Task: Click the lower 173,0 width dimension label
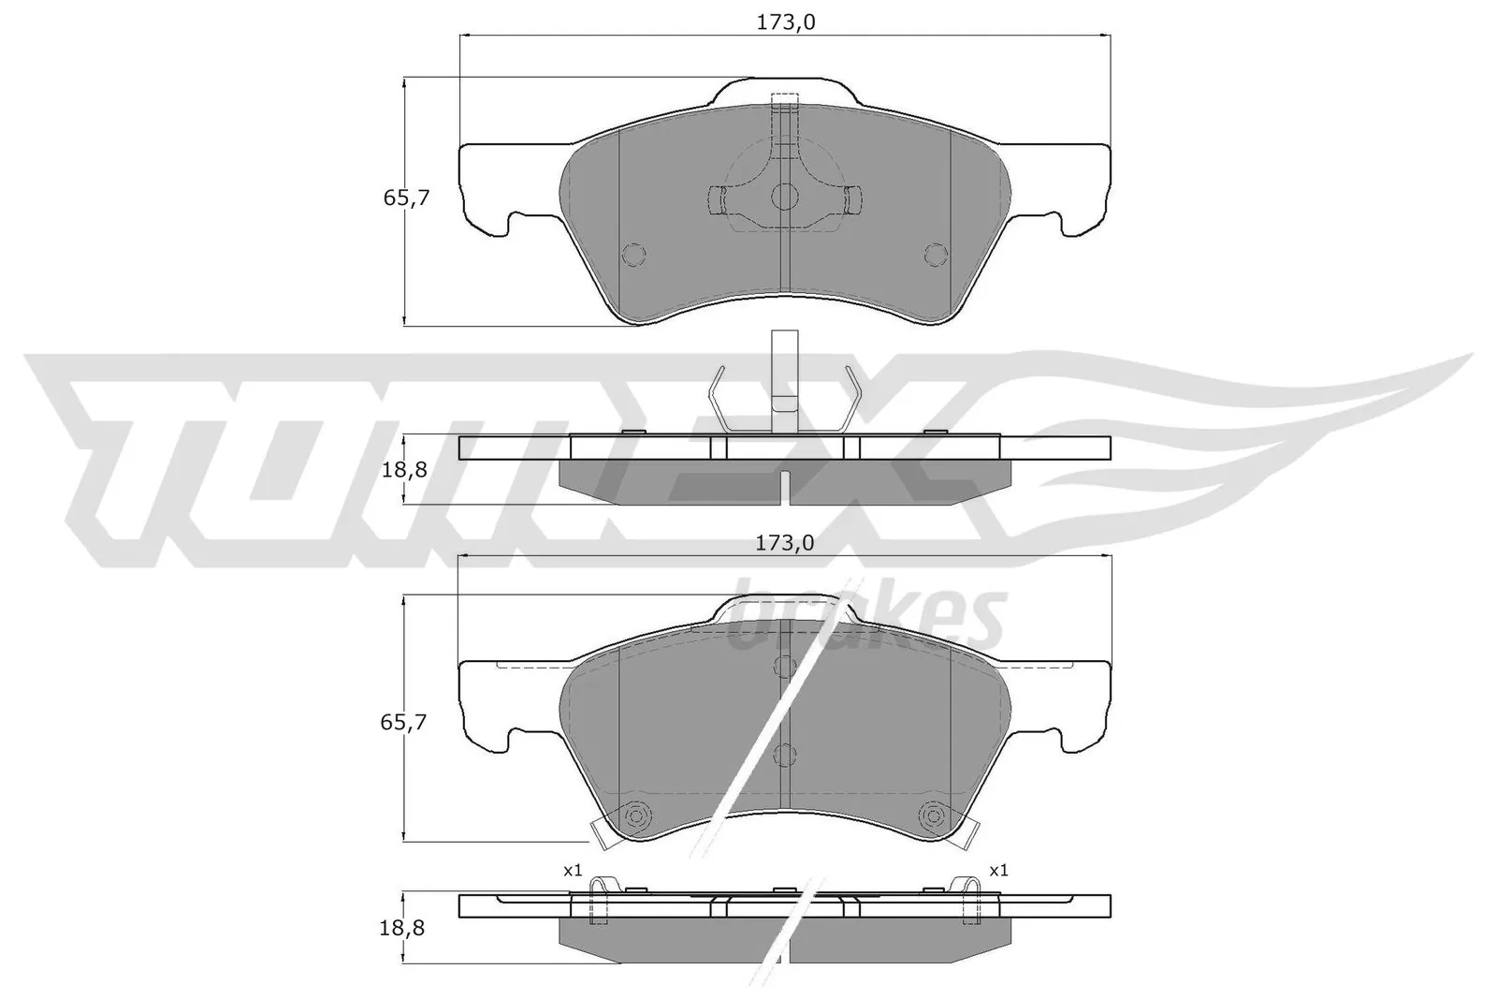point(784,542)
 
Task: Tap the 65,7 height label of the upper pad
point(405,198)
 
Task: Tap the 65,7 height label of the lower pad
point(405,721)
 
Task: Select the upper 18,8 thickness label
point(405,470)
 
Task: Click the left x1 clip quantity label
point(572,870)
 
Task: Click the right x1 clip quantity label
point(998,870)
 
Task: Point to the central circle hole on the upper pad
point(784,196)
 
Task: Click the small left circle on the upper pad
point(633,254)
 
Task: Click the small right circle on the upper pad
point(936,254)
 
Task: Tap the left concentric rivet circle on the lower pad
point(637,815)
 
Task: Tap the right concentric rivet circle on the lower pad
point(932,815)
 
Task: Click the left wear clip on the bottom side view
point(599,899)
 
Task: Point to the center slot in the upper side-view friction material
point(784,485)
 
